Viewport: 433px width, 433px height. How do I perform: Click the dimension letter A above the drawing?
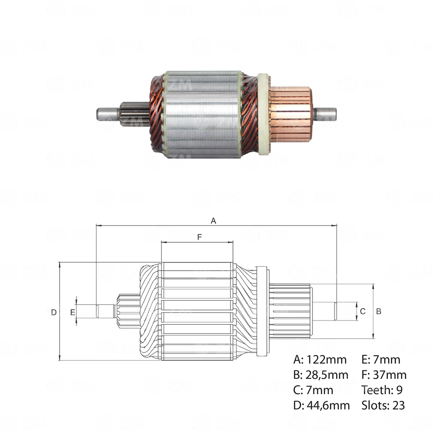tap(214, 221)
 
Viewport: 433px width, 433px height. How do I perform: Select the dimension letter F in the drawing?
tap(199, 237)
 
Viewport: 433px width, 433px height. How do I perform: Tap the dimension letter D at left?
tap(54, 312)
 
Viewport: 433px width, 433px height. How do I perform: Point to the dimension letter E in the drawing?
tap(73, 312)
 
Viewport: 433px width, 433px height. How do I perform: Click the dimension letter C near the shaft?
tap(362, 311)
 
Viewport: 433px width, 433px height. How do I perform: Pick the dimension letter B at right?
tap(379, 311)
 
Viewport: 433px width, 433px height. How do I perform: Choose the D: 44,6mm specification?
tap(321, 406)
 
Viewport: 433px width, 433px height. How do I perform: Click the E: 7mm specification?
tap(381, 360)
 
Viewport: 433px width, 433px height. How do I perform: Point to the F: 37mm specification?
tap(384, 375)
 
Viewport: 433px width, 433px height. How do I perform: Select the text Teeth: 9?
tap(382, 390)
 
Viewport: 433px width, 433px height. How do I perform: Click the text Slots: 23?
tap(383, 406)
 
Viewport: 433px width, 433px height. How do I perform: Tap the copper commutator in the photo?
tap(291, 114)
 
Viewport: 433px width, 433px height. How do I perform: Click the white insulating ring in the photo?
tap(263, 114)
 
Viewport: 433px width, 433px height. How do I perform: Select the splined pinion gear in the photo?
tap(134, 114)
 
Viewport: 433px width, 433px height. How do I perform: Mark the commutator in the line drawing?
tap(290, 311)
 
